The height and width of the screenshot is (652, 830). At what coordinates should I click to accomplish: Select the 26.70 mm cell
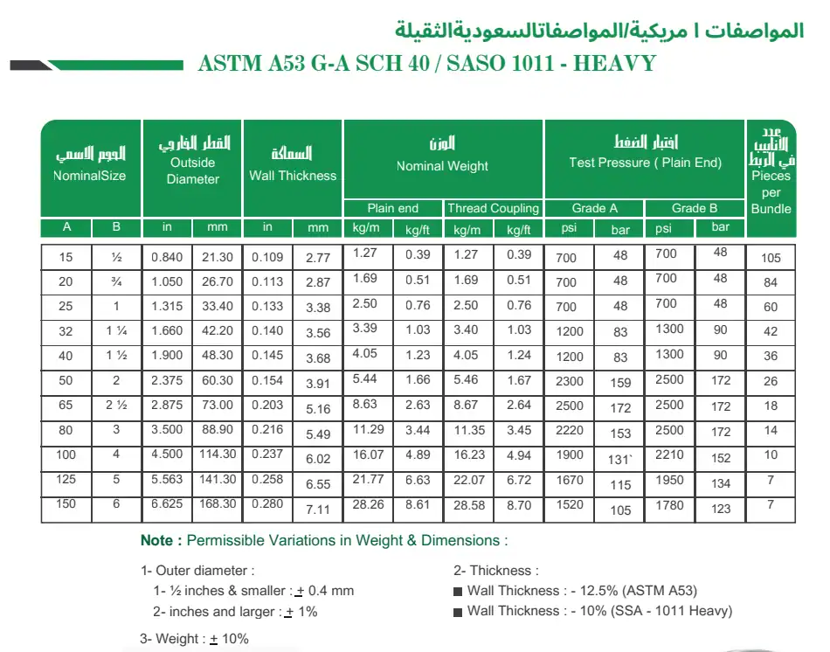(218, 281)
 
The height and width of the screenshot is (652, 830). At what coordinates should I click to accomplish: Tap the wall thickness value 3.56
(318, 332)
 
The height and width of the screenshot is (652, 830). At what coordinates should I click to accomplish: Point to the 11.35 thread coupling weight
(468, 429)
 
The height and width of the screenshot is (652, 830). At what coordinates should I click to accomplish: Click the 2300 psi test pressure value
(568, 382)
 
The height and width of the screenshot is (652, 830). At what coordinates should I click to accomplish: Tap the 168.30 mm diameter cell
(218, 503)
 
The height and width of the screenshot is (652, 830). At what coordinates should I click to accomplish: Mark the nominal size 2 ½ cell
(117, 405)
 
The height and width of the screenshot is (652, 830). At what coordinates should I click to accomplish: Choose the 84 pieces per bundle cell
(770, 282)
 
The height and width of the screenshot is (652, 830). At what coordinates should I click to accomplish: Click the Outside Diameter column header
(192, 170)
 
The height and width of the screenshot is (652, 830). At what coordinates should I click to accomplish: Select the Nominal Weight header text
(442, 166)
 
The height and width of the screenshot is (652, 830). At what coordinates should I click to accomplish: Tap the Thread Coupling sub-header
(493, 208)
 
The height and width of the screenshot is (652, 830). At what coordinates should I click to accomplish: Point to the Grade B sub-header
(695, 208)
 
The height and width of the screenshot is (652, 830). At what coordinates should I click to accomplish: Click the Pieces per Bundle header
(771, 191)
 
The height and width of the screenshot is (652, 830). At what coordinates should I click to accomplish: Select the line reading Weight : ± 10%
(194, 639)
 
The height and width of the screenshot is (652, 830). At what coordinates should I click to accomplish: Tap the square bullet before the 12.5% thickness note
(458, 592)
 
